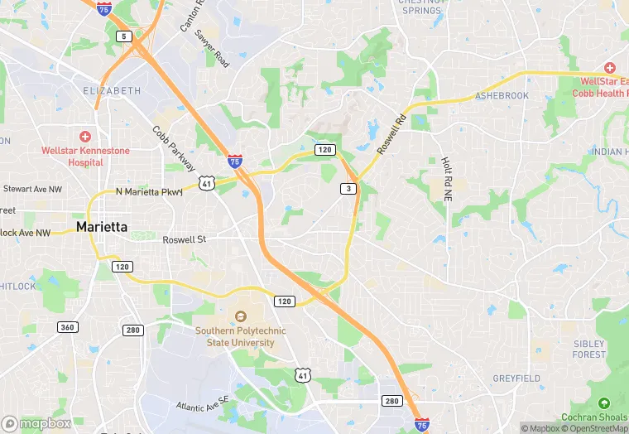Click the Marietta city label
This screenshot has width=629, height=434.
[x=103, y=226]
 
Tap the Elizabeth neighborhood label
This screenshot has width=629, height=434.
[x=113, y=90]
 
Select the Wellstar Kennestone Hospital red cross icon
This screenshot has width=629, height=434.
[x=84, y=136]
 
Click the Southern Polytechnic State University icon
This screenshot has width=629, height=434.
[x=241, y=316]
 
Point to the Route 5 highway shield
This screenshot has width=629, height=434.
[x=124, y=36]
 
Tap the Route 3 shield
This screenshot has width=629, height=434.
[x=348, y=189]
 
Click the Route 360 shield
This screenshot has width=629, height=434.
[x=68, y=327]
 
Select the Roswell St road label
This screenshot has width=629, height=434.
[x=184, y=239]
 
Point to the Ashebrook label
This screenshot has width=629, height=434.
[x=502, y=96]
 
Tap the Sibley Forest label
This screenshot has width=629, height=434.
[x=588, y=349]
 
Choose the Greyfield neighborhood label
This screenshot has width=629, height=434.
[x=516, y=379]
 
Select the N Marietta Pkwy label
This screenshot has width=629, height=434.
[x=149, y=192]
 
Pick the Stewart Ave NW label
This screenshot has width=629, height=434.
[x=32, y=189]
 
